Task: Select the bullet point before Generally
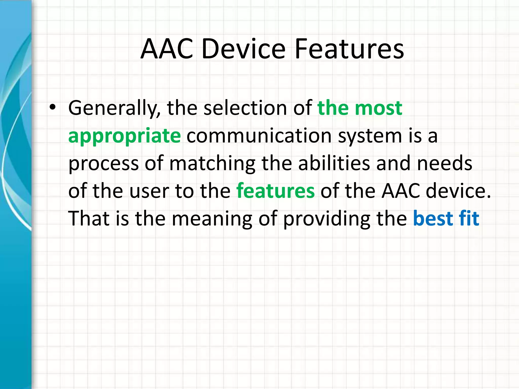(52, 108)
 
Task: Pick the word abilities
(334, 164)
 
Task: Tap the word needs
(444, 164)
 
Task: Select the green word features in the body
(275, 191)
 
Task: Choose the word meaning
(212, 219)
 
